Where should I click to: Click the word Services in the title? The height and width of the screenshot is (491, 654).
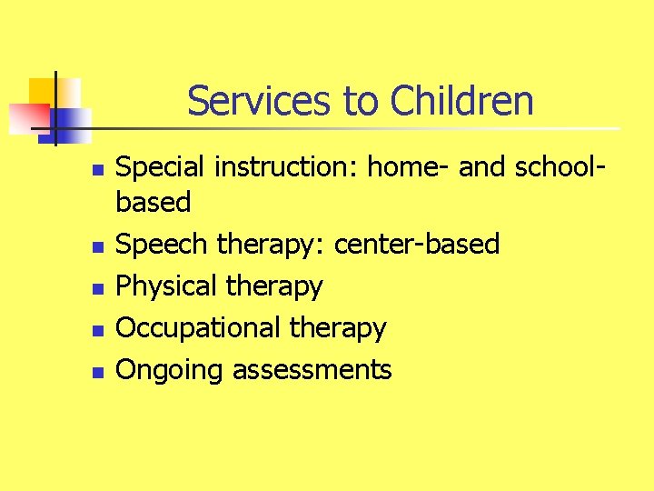259,101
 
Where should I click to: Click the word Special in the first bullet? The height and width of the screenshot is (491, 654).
159,168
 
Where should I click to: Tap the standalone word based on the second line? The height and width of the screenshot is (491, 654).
154,202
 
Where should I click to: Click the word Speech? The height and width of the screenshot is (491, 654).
160,245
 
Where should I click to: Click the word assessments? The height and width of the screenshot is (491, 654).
312,370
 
